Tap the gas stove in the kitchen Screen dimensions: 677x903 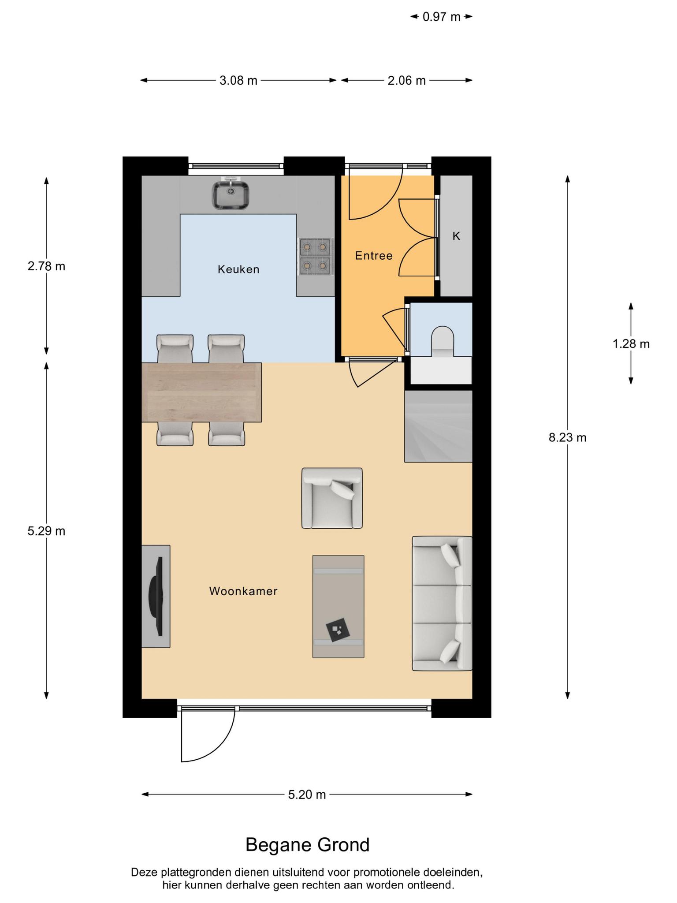click(316, 257)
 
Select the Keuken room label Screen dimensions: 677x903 click(238, 269)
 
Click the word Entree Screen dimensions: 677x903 click(374, 256)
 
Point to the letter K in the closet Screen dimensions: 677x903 click(456, 236)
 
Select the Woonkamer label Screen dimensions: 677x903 click(243, 591)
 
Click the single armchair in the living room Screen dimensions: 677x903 click(332, 498)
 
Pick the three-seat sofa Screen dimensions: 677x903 click(442, 604)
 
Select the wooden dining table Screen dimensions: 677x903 click(201, 392)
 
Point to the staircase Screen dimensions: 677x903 click(438, 426)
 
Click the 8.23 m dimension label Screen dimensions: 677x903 click(568, 437)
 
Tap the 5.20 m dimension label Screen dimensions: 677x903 click(307, 795)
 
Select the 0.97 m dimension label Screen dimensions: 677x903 click(442, 17)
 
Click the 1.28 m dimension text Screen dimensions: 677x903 click(631, 343)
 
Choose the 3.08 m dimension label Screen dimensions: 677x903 click(238, 80)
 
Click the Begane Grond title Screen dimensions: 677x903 click(308, 845)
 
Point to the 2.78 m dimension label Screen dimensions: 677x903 click(46, 266)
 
